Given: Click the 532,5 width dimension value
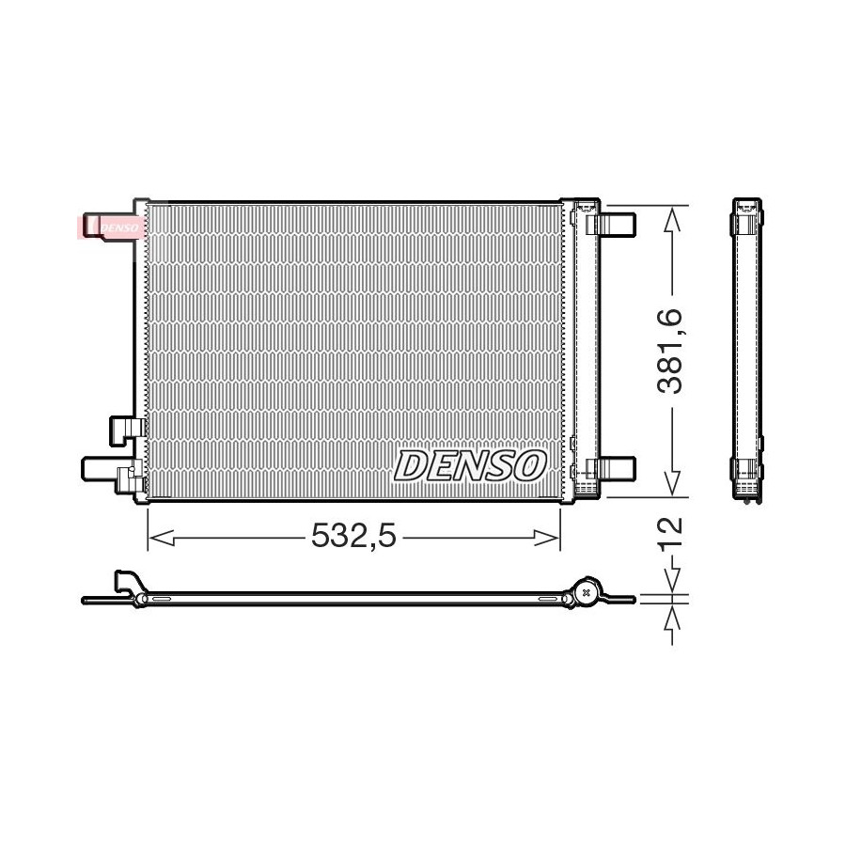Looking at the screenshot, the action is coord(354,537).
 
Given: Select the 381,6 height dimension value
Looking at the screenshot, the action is coord(670,352).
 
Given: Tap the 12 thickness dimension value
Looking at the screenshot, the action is coord(670,535).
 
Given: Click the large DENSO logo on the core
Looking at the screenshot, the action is coord(469,465).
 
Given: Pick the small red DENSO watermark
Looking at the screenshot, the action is coord(111,227).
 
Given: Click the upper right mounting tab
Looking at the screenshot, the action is coord(617,224).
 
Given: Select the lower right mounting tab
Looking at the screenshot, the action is coord(617,468).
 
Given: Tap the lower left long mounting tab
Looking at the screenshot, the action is coord(101,468).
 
